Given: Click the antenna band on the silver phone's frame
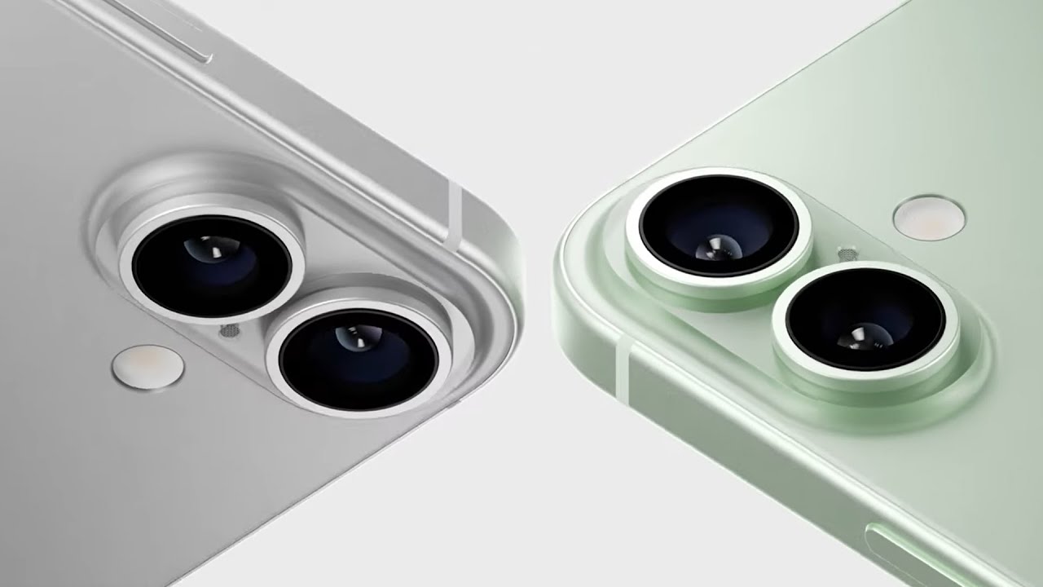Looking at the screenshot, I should coord(454,215).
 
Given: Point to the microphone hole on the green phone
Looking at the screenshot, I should coord(848,255).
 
